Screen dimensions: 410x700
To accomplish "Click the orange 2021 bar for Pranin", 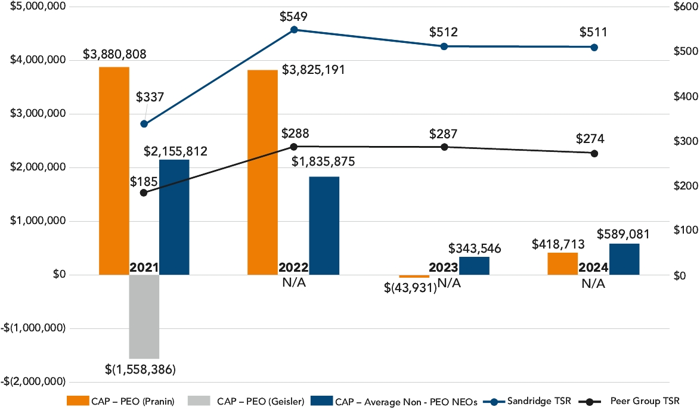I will [x=114, y=170].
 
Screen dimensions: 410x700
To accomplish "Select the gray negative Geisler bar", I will [x=144, y=316].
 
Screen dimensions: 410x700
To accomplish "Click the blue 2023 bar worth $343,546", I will [x=474, y=266].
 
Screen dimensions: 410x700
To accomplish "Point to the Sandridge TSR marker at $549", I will [x=294, y=29].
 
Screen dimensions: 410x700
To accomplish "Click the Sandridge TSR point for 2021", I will [x=144, y=124].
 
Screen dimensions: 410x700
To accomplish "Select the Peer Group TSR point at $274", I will [x=594, y=153].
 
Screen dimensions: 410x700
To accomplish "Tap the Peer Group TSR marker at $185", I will [x=144, y=192].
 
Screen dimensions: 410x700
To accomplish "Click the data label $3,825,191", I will [x=314, y=70].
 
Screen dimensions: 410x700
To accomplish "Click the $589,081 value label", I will [x=624, y=234].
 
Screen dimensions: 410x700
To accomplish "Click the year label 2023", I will [x=444, y=268].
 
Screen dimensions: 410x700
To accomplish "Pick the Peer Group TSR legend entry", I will [x=646, y=401].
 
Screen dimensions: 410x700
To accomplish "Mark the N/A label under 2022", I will [x=293, y=281].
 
